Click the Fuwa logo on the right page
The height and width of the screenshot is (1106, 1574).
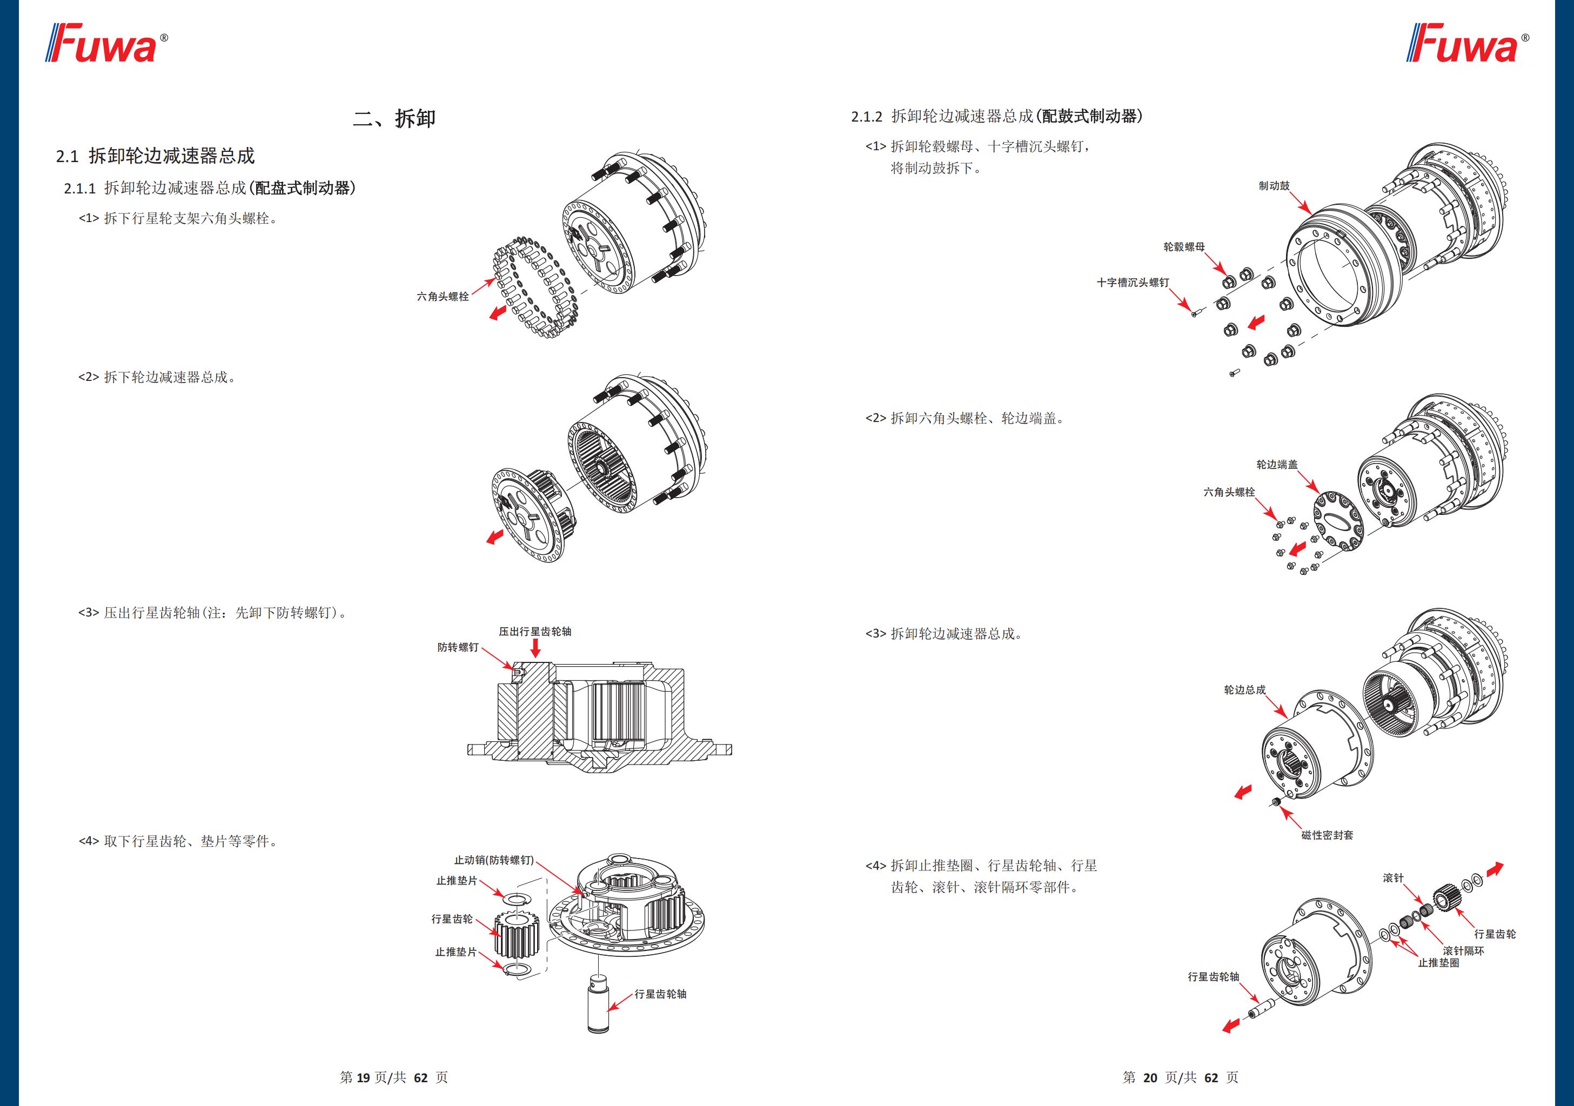1466,43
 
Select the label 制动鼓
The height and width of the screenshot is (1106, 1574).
1274,186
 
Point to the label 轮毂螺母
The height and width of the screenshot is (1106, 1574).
1184,247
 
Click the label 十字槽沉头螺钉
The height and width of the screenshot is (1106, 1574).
1133,283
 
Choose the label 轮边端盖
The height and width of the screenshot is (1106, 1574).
1276,465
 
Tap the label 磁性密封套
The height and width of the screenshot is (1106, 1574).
1327,835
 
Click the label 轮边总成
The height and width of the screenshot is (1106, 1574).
1244,690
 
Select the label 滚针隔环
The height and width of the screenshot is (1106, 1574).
1463,951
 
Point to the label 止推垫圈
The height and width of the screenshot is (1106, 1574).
1438,963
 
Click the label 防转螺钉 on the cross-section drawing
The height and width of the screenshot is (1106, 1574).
458,647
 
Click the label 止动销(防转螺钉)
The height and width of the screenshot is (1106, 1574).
493,860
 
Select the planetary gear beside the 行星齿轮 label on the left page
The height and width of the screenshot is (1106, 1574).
516,938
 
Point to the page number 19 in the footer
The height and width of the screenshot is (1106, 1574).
363,1078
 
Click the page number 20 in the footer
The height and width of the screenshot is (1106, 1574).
1150,1078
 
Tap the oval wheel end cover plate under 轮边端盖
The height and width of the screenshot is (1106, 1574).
1338,520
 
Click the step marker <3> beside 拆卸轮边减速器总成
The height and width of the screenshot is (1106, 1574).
875,634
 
